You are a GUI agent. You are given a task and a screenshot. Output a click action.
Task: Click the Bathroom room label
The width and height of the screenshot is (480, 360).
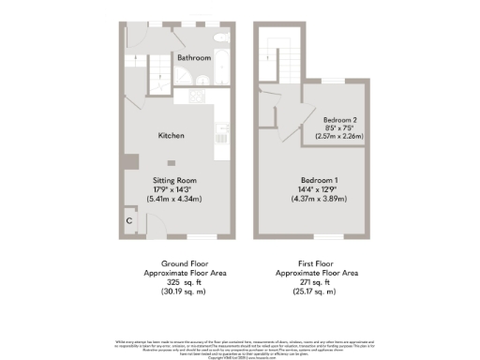[195, 57]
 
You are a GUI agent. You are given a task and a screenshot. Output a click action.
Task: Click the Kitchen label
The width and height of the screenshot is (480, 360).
[171, 136]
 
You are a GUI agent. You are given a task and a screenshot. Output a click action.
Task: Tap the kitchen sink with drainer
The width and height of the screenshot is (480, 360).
[221, 129]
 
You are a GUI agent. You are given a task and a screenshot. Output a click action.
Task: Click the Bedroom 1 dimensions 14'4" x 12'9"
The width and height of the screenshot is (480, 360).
[321, 188]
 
